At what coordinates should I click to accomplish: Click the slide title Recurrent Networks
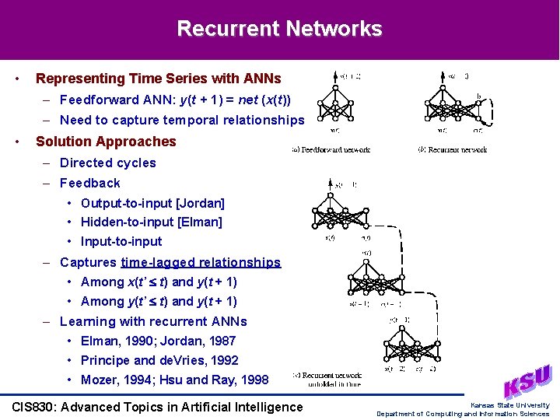279,29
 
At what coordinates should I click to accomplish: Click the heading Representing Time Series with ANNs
158,79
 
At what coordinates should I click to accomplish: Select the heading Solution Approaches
106,142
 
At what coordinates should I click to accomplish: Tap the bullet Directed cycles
107,163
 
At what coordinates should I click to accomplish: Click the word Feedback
90,183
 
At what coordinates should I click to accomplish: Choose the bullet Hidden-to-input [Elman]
151,222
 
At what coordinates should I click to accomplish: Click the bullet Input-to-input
121,241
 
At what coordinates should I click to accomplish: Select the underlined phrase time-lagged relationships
201,262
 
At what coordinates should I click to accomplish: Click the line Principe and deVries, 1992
159,360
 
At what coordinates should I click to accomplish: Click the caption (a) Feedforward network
331,149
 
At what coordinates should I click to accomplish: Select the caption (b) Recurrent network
452,149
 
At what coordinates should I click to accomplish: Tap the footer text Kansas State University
509,405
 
